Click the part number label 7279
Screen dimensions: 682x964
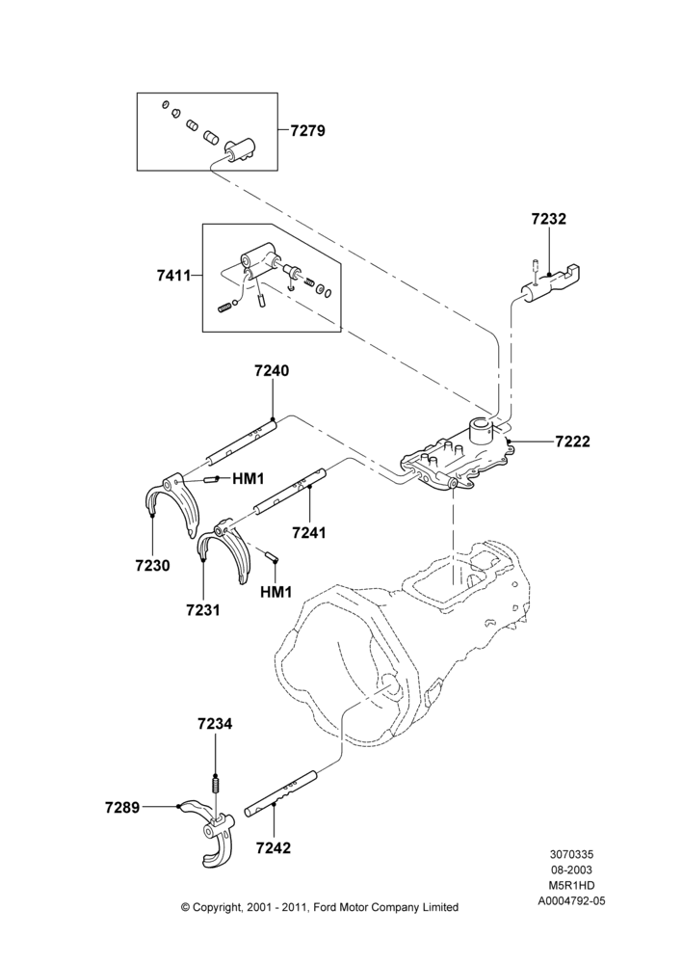click(308, 130)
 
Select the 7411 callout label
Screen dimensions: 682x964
click(173, 276)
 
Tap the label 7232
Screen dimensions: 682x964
click(549, 219)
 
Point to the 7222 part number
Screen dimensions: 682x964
click(572, 442)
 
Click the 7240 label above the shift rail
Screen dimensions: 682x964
click(272, 371)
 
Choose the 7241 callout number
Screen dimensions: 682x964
click(309, 532)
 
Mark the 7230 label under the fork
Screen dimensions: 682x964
click(153, 564)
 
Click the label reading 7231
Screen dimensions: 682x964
click(203, 610)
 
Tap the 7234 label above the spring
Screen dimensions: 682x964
click(215, 724)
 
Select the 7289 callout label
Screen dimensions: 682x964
click(122, 807)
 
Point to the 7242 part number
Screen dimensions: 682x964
click(274, 847)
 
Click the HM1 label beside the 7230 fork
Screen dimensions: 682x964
click(249, 478)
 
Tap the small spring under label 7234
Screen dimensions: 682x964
click(215, 786)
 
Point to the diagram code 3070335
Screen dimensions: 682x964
click(571, 854)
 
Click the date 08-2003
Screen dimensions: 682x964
click(571, 870)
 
